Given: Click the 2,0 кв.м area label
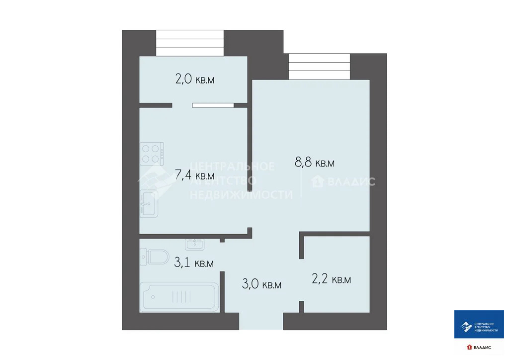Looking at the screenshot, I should [195, 79].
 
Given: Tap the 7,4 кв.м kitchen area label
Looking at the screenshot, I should [195, 175].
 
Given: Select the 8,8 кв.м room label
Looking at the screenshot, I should [315, 163].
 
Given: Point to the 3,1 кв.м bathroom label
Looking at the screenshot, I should [194, 263].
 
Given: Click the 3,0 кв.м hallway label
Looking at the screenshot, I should [261, 284].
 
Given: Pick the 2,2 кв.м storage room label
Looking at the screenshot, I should [331, 279].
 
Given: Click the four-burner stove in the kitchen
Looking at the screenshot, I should [152, 154].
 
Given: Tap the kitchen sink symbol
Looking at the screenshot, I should [149, 203].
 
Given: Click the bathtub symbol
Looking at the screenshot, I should [180, 298].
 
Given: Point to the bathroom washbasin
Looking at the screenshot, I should [194, 244].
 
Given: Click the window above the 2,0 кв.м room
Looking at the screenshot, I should [189, 43].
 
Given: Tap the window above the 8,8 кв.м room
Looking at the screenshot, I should [319, 67].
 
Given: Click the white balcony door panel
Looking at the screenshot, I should [213, 105].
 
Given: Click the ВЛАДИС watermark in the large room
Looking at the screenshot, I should [343, 182].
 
